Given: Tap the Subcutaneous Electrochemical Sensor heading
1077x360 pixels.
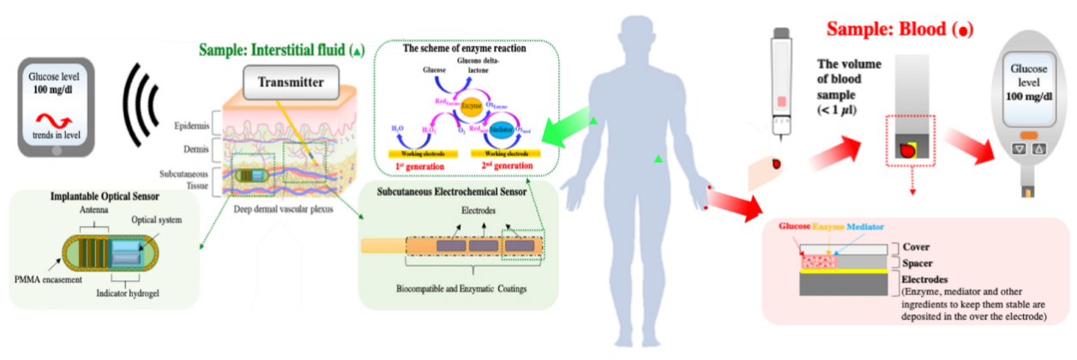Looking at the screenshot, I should [457, 191].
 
